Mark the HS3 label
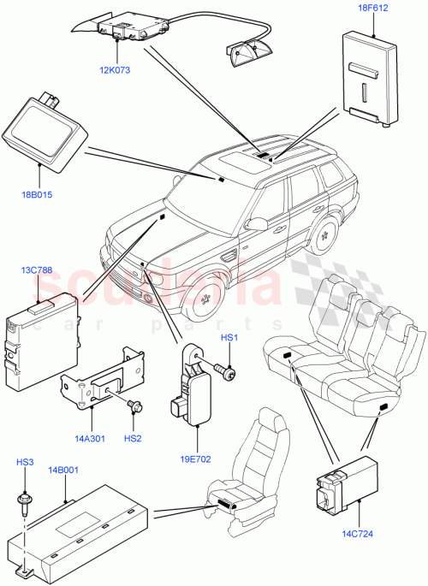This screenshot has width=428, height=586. click(25, 463)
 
